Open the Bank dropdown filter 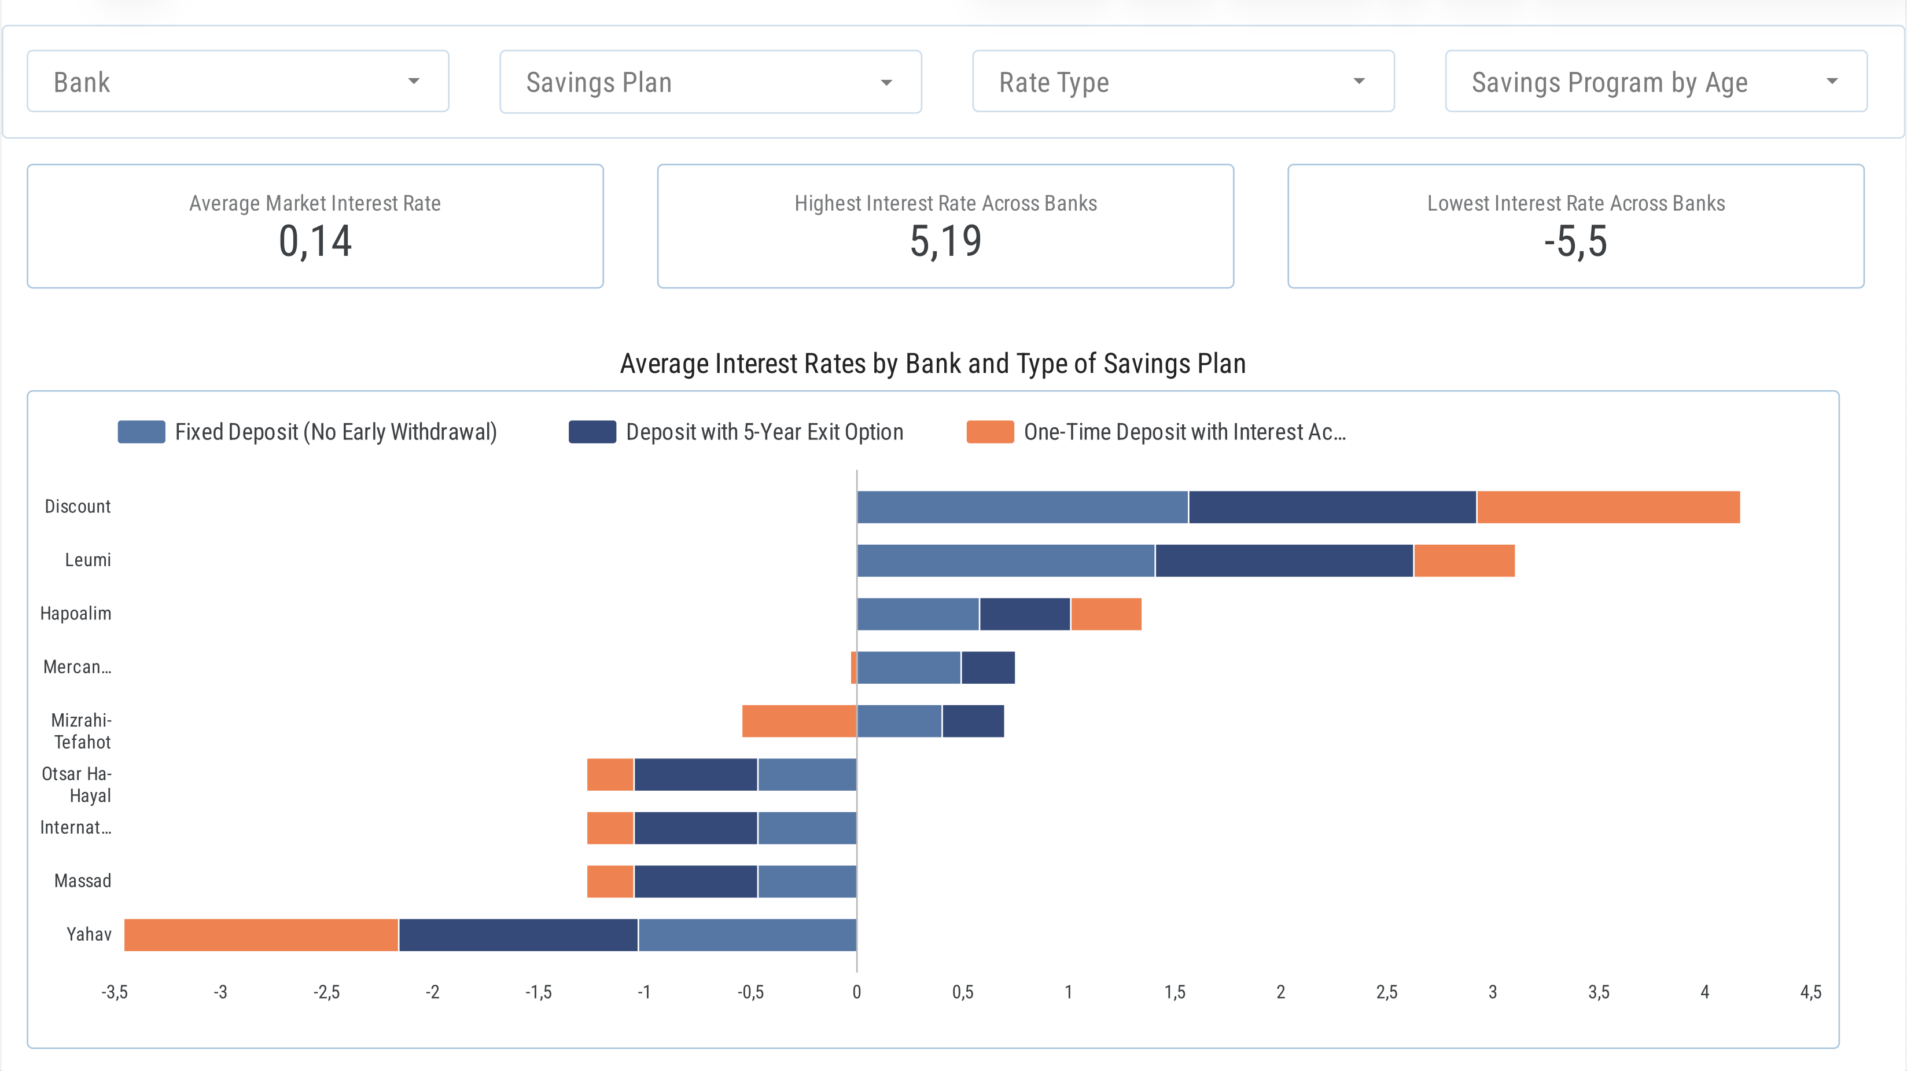click(238, 82)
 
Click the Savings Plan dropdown click(710, 82)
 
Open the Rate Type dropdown click(1182, 82)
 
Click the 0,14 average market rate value click(315, 241)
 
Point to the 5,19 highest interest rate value click(945, 241)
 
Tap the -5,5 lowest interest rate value click(1575, 241)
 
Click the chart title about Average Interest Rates click(932, 364)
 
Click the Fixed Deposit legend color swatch click(141, 432)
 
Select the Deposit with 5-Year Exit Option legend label click(764, 432)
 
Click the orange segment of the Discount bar click(1608, 507)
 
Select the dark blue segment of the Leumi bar click(1284, 560)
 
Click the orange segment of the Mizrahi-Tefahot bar click(799, 721)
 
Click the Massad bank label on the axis click(82, 881)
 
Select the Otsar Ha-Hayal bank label click(76, 784)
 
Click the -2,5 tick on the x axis click(326, 992)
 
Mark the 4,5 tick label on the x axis click(1810, 992)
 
